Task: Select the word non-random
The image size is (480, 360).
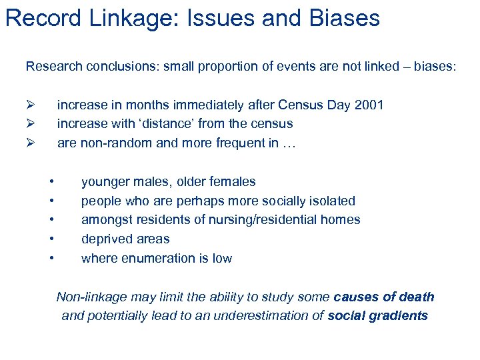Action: (x=110, y=143)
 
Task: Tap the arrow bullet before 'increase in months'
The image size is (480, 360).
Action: (x=30, y=105)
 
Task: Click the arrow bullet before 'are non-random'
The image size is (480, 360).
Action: (x=30, y=143)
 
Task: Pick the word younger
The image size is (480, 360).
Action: (x=103, y=181)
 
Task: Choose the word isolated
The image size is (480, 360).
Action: (x=331, y=201)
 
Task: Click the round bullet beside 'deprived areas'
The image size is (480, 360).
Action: (x=51, y=239)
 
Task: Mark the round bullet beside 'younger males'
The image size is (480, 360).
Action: (x=51, y=181)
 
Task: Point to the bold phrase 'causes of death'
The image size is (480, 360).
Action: (x=384, y=297)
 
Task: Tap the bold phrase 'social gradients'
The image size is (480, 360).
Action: (x=378, y=316)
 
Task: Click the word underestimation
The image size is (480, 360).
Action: (x=263, y=316)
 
